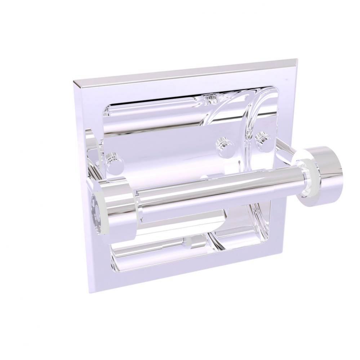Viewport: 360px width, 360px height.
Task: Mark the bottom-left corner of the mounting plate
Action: (90, 292)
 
